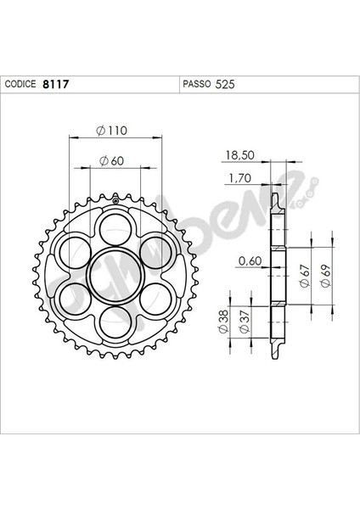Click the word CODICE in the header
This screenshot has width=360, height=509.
point(20,86)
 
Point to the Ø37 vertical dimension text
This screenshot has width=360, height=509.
point(245,322)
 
